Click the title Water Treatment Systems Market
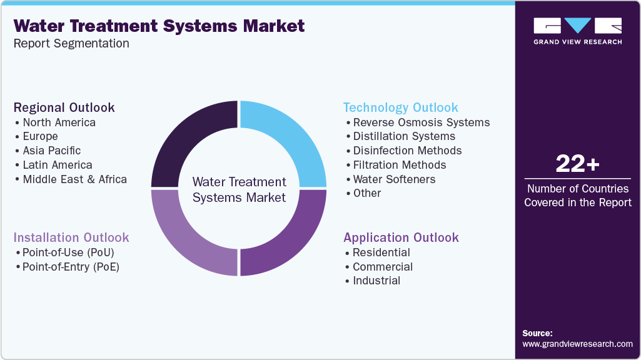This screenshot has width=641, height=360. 159,26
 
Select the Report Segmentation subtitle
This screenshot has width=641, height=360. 71,43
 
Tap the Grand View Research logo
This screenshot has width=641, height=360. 577,31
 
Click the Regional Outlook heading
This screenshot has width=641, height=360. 64,107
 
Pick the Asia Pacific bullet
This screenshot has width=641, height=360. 51,151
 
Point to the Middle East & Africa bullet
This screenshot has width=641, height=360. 74,179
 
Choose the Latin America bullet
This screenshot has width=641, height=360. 57,165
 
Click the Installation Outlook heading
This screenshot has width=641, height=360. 71,237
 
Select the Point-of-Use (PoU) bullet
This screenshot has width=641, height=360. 68,252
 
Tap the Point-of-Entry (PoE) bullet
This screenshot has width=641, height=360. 71,267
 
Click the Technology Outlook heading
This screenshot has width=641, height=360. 401,107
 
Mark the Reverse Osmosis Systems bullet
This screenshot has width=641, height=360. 421,122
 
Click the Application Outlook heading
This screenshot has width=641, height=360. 401,237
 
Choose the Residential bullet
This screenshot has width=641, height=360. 381,252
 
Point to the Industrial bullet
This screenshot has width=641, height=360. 376,281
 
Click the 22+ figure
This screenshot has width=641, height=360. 577,164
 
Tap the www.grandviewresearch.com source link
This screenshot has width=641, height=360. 577,344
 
